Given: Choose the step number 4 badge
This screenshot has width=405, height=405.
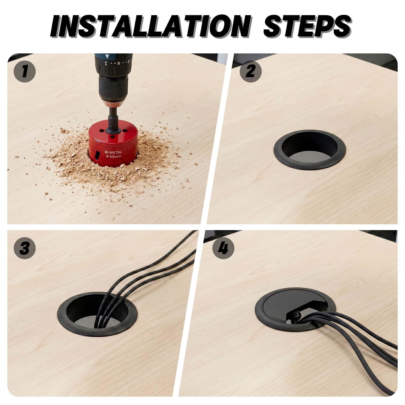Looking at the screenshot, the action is click(x=224, y=248).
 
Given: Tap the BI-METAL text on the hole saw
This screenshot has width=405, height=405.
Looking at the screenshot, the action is click(x=114, y=152).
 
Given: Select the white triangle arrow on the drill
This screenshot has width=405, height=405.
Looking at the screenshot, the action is click(x=108, y=56).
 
